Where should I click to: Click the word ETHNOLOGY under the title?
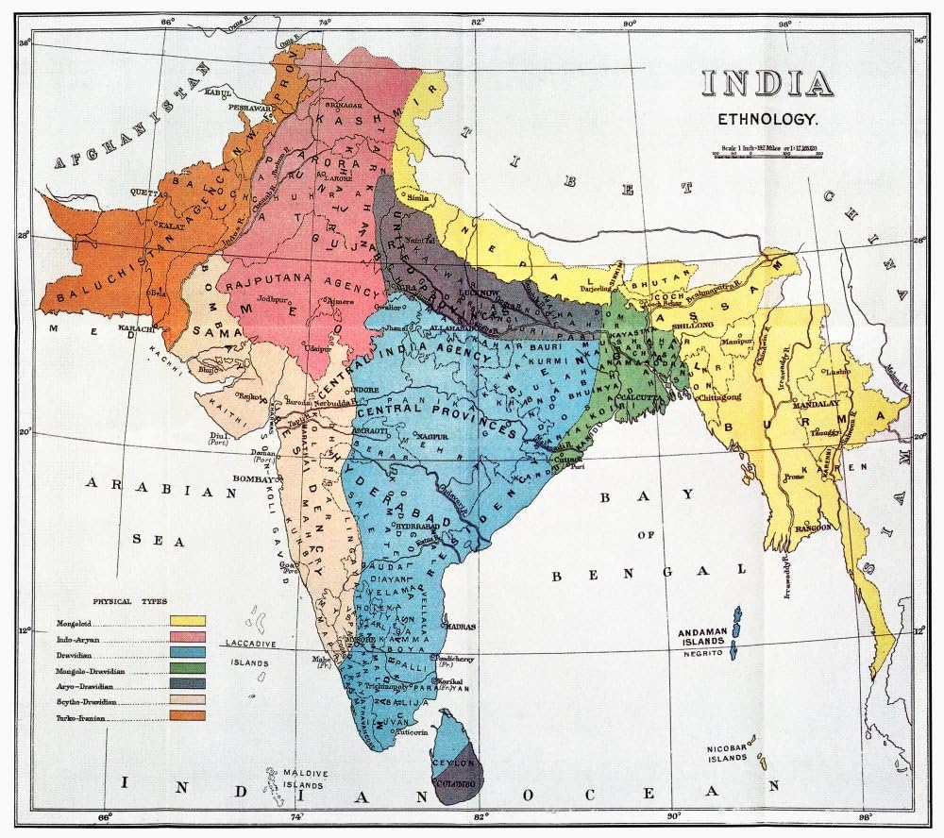click(x=767, y=120)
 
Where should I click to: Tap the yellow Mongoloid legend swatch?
click(x=188, y=621)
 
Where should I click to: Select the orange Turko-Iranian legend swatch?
click(x=188, y=715)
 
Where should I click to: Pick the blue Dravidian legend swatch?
click(x=188, y=652)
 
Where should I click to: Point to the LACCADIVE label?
click(x=249, y=644)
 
